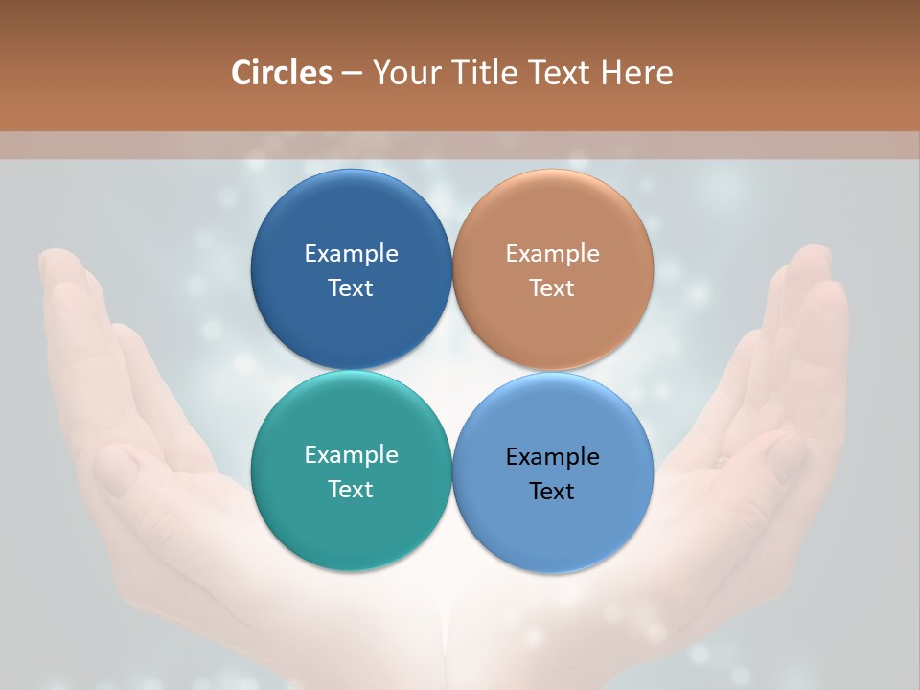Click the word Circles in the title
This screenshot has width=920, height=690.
pyautogui.click(x=282, y=72)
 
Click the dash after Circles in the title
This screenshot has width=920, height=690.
pyautogui.click(x=352, y=74)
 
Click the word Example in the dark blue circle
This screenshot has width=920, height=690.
pyautogui.click(x=351, y=254)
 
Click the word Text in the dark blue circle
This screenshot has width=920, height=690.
pyautogui.click(x=351, y=287)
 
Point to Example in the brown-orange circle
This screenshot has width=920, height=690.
pyautogui.click(x=553, y=254)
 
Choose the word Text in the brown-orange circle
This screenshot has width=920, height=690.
pyautogui.click(x=553, y=287)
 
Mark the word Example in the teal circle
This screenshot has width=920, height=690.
pyautogui.click(x=351, y=455)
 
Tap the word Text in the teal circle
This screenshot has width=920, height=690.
pyautogui.click(x=351, y=489)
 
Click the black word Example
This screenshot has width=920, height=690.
pyautogui.click(x=553, y=457)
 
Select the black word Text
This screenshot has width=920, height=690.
pyautogui.click(x=553, y=491)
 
